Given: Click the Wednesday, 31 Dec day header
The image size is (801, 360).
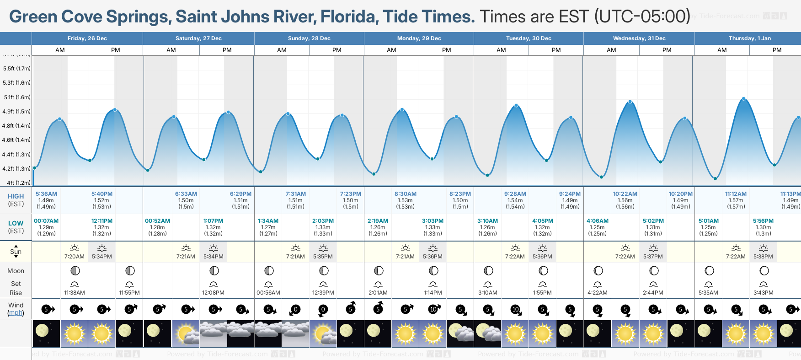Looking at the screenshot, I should [639, 38].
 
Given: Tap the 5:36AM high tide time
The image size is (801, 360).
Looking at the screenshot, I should [46, 194].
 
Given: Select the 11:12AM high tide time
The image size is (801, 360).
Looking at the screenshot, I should [736, 194].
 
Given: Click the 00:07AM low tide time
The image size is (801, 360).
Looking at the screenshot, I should [46, 221].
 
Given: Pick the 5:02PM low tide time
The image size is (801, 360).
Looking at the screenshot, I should [653, 221].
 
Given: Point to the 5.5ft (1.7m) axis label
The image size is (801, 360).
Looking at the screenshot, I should [16, 69].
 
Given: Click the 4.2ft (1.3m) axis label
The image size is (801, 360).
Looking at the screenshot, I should [16, 169].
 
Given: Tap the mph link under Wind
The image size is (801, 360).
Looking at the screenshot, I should [16, 313].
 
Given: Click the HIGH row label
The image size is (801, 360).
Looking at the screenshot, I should [16, 196].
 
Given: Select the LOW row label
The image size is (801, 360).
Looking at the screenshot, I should [16, 223].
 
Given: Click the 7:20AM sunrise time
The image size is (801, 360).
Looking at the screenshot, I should [74, 257].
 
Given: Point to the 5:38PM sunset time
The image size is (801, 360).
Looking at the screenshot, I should [763, 257].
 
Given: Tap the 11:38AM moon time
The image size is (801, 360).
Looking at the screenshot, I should [74, 293].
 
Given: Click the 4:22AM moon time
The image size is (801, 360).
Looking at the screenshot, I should [598, 293].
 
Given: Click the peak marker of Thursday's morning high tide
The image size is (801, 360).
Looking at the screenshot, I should [744, 99].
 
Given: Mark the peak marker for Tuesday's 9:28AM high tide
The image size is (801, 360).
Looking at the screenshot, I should [516, 106].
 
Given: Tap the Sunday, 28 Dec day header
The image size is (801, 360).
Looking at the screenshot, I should [309, 38].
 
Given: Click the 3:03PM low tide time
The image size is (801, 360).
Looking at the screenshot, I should [433, 221].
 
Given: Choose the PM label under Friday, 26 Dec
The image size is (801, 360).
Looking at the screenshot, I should [116, 50].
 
